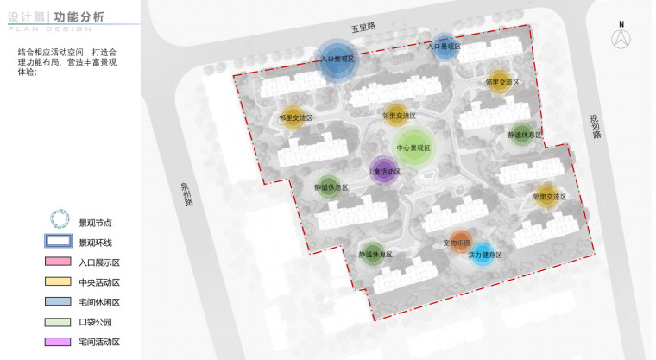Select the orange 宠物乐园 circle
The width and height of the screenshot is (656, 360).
pos(461,243)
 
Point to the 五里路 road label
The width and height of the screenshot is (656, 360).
pos(363,28)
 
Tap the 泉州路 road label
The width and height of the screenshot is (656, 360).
pos(186,193)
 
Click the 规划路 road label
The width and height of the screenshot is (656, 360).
pos(594,127)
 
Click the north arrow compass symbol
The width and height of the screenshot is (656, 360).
pos(620,36)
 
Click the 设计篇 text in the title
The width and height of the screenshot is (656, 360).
pos(24,16)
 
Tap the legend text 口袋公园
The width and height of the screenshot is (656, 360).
pos(96,323)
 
